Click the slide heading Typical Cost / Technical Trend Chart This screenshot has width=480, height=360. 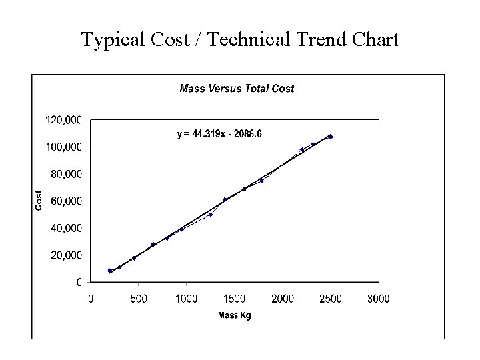coord(240,40)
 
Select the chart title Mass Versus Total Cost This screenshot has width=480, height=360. coord(237,88)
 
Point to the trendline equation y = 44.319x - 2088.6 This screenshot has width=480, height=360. coord(219,134)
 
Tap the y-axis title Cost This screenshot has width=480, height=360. coord(39,201)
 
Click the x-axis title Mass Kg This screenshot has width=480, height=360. coord(235,315)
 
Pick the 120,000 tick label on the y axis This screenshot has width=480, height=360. coord(63,120)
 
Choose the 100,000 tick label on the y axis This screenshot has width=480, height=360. coord(63,147)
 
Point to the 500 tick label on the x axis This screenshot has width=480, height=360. coord(139,299)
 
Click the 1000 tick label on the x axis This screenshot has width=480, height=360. coord(187,299)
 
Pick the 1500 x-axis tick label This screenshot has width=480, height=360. coord(235,299)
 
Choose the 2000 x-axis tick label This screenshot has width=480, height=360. coord(283,299)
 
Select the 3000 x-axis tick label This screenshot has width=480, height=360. coord(379,299)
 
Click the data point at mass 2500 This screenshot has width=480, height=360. coord(331,137)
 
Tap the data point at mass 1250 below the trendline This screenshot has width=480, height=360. coord(211,215)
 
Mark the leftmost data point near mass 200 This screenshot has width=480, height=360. coord(110,271)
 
